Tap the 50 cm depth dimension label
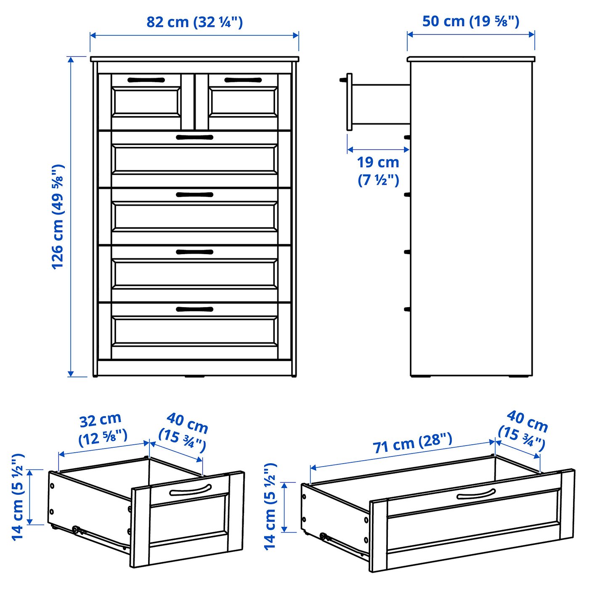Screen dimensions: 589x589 click(x=471, y=21)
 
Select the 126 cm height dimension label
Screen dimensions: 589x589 click(x=58, y=217)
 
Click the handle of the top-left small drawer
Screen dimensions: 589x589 click(x=146, y=80)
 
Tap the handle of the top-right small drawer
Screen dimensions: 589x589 click(x=243, y=80)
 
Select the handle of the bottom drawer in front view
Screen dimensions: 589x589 click(x=194, y=309)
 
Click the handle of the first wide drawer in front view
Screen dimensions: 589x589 click(x=194, y=137)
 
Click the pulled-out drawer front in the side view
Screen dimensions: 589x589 click(x=349, y=102)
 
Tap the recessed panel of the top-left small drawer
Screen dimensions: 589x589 click(x=146, y=101)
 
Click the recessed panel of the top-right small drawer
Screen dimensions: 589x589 click(x=243, y=101)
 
